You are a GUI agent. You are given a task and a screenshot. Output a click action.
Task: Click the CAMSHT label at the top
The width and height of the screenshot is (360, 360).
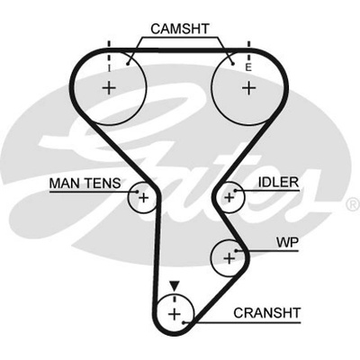(180, 29)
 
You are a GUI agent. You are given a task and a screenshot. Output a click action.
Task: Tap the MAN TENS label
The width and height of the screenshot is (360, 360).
(85, 183)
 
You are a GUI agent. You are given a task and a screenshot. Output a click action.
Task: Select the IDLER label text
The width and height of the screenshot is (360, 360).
(278, 182)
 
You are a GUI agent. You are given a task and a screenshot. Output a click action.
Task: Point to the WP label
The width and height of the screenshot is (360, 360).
(287, 242)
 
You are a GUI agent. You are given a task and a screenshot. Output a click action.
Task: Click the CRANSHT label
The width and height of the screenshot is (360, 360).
(266, 313)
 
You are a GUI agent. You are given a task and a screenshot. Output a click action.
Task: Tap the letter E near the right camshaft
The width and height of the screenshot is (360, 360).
(248, 68)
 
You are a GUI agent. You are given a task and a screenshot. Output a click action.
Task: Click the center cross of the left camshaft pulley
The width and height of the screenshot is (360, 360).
(109, 88)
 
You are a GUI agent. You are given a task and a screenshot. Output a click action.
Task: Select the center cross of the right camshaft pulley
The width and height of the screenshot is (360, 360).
(248, 88)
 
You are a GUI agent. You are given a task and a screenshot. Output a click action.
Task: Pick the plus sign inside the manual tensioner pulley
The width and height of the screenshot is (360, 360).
(144, 198)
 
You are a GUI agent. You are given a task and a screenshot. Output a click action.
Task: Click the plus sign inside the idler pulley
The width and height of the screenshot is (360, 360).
(229, 197)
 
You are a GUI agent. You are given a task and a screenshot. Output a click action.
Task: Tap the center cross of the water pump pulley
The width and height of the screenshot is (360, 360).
(229, 258)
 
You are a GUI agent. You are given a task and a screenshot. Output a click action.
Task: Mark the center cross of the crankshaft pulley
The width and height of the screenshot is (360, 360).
(175, 315)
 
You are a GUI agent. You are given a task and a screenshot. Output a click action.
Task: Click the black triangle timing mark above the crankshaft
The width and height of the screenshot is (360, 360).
(175, 285)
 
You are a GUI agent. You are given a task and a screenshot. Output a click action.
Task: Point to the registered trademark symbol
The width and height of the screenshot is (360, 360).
(353, 204)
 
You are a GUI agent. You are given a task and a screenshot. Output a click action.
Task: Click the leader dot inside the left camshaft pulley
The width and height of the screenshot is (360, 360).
(128, 64)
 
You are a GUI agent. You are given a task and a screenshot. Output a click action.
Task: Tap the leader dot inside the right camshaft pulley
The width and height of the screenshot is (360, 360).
(232, 63)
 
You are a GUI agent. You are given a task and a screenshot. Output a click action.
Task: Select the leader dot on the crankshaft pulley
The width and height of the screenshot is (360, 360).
(184, 323)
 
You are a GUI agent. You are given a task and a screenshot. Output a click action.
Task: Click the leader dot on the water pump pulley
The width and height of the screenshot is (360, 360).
(237, 250)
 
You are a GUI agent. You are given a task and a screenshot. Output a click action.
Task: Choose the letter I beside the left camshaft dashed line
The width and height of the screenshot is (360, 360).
(110, 68)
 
